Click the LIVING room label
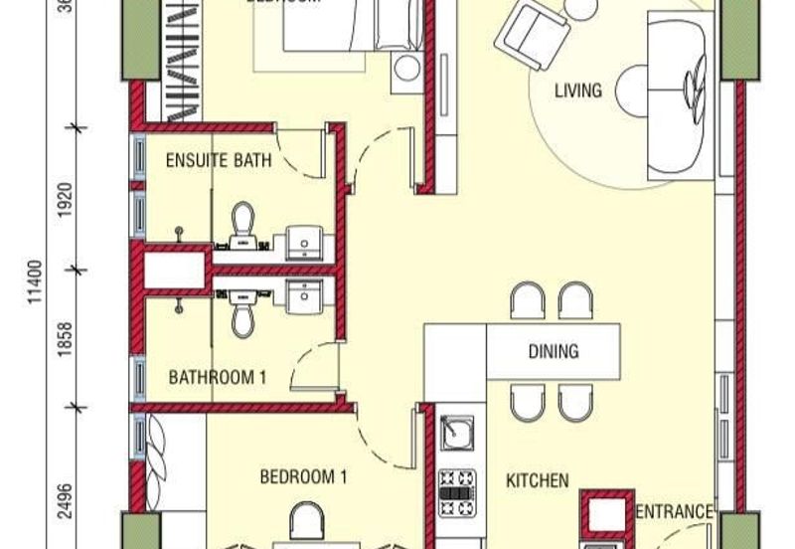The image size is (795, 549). click(577, 91)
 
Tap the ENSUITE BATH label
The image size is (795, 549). click(219, 159)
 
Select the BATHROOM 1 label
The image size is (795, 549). click(218, 377)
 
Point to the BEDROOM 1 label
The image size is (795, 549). click(303, 477)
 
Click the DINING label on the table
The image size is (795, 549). click(554, 351)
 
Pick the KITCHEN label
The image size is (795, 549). click(538, 481)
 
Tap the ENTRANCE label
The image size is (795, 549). click(674, 512)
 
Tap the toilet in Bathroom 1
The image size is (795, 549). click(241, 313)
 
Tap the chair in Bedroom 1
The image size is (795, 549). click(307, 523)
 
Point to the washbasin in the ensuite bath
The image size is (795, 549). click(301, 241)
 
